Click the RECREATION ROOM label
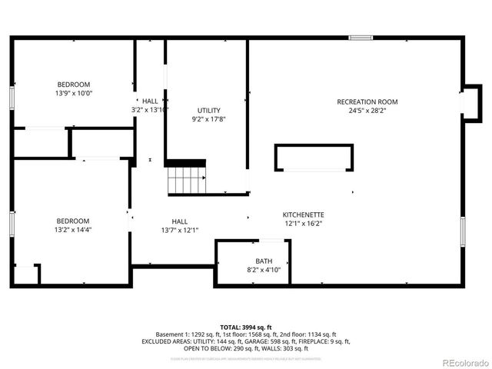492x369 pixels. pyautogui.click(x=367, y=101)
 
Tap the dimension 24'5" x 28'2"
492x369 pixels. pyautogui.click(x=367, y=110)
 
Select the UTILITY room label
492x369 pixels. pyautogui.click(x=208, y=110)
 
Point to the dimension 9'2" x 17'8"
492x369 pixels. pyautogui.click(x=208, y=119)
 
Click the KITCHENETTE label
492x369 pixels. pyautogui.click(x=304, y=214)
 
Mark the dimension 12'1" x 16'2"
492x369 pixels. pyautogui.click(x=304, y=224)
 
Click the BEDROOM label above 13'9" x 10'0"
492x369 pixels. pyautogui.click(x=74, y=85)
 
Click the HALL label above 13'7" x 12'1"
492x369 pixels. pyautogui.click(x=179, y=221)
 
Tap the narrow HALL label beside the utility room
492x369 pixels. pyautogui.click(x=150, y=101)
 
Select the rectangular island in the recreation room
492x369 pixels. pyautogui.click(x=315, y=158)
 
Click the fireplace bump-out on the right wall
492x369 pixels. pyautogui.click(x=470, y=101)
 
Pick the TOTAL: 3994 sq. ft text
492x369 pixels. pyautogui.click(x=245, y=327)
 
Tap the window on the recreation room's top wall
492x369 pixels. pyautogui.click(x=361, y=37)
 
